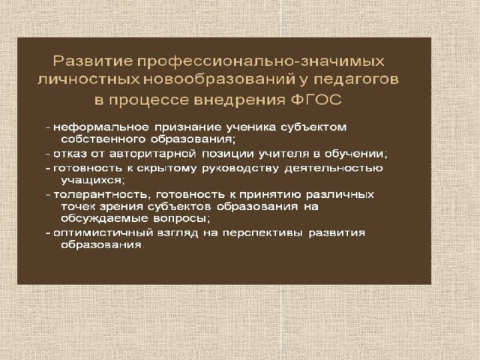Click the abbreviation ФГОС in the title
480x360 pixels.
pos(316,100)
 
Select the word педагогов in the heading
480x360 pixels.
pos(357,80)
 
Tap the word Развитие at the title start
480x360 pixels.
pos(93,61)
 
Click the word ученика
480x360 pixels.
pos(251,127)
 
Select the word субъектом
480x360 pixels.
pos(313,127)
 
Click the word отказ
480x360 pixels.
pos(70,153)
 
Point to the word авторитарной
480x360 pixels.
pos(153,154)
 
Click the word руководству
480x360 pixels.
pos(240,168)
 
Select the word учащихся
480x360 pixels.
pos(93,180)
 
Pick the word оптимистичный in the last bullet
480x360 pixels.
pos(103,233)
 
